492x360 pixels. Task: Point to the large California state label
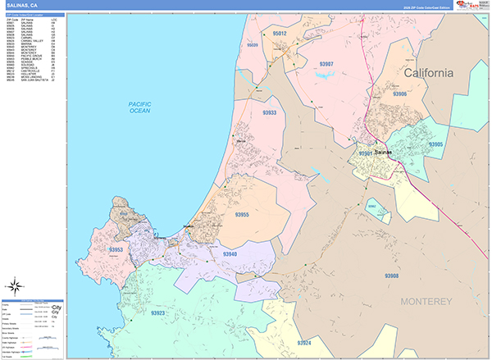click(428, 74)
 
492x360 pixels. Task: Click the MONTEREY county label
click(426, 302)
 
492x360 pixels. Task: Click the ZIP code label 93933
click(269, 113)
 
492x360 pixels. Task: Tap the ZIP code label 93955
click(242, 215)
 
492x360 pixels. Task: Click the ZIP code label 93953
click(116, 249)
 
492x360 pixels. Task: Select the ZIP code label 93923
click(158, 312)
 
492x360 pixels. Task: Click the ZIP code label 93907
click(326, 64)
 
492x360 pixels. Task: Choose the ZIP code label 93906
click(400, 95)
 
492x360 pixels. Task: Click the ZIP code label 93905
click(435, 144)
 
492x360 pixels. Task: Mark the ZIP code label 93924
click(305, 341)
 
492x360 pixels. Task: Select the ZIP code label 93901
click(366, 153)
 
